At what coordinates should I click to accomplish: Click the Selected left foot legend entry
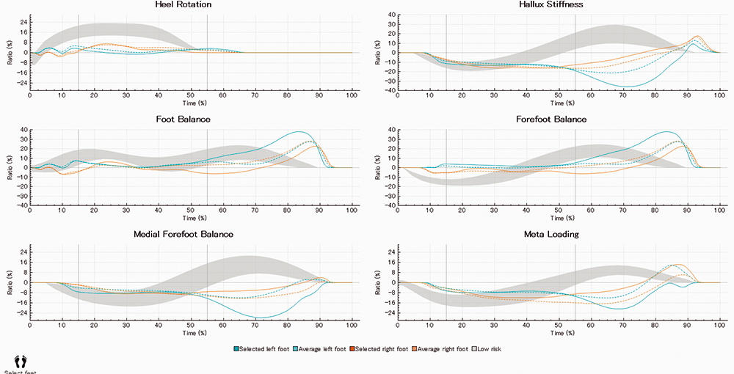click(262, 348)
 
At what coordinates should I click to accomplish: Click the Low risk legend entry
click(492, 348)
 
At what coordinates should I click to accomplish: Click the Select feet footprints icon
click(21, 361)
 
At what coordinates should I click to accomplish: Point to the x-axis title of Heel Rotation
click(191, 103)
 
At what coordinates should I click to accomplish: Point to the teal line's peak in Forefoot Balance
click(666, 132)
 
